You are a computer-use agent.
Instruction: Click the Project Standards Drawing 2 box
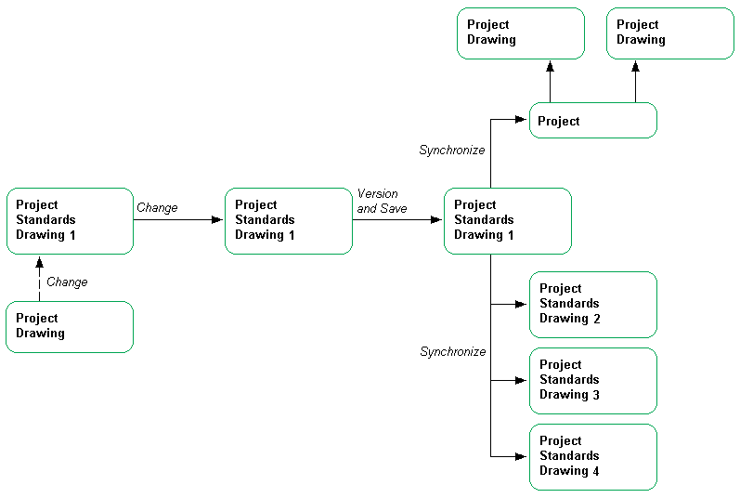592,304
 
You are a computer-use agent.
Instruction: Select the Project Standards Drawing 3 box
592,380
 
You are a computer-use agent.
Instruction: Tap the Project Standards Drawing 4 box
592,456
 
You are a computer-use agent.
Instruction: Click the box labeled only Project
592,121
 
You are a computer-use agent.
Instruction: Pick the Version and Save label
382,202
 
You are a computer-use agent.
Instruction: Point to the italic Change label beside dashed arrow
67,282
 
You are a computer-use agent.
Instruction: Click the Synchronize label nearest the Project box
452,150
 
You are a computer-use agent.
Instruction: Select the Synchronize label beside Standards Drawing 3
453,352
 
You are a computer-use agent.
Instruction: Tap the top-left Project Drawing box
520,33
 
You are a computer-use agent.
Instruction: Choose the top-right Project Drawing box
670,33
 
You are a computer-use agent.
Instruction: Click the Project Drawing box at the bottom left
70,326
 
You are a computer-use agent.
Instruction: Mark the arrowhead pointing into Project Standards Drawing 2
523,304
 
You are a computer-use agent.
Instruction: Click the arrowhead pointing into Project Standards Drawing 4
523,456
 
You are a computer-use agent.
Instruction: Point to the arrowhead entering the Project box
523,119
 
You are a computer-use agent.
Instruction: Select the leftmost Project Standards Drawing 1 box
70,220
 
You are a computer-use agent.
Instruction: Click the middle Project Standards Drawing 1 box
289,220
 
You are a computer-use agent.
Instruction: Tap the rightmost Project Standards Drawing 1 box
508,220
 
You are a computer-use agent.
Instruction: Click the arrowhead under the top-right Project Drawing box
636,67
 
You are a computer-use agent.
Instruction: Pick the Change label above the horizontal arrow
157,208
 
